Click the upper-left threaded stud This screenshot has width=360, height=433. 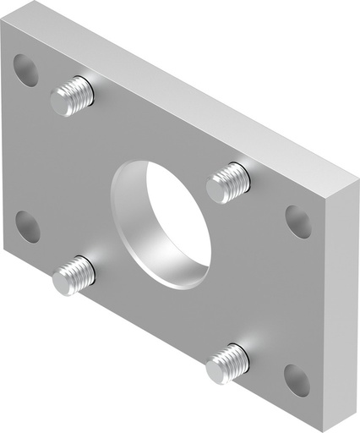click(x=73, y=95)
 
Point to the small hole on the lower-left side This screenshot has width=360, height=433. click(x=28, y=226)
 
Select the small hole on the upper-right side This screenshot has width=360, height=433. click(x=297, y=221)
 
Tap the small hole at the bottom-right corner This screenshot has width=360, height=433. click(x=297, y=380)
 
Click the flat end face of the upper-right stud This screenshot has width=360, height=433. click(x=217, y=190)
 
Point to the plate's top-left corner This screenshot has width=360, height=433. click(x=3, y=23)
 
